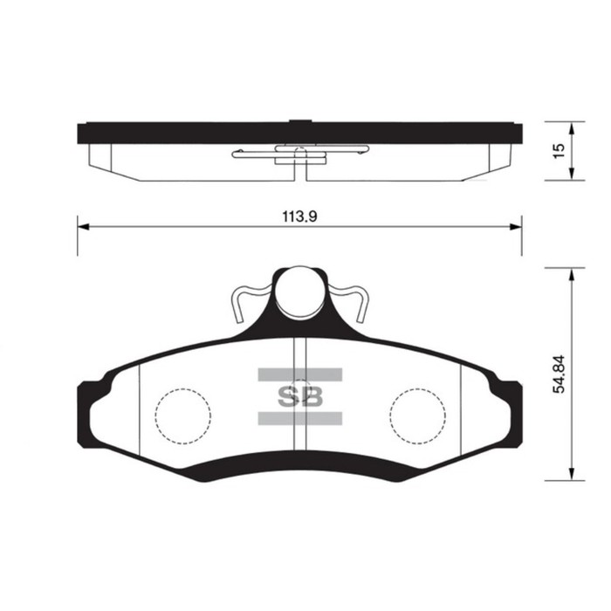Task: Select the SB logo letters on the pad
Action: click(299, 397)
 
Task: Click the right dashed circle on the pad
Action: click(417, 414)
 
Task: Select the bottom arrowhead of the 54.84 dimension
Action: click(571, 475)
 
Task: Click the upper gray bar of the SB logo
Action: click(299, 375)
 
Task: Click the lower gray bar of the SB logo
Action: click(299, 417)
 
